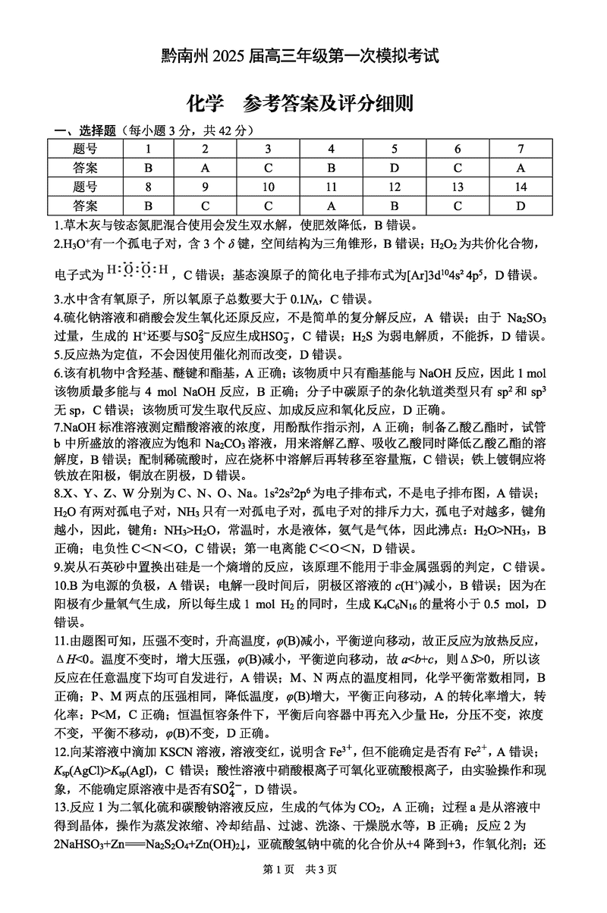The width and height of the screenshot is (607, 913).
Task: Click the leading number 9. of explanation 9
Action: (x=61, y=567)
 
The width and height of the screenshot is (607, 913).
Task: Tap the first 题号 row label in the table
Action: (x=86, y=149)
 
